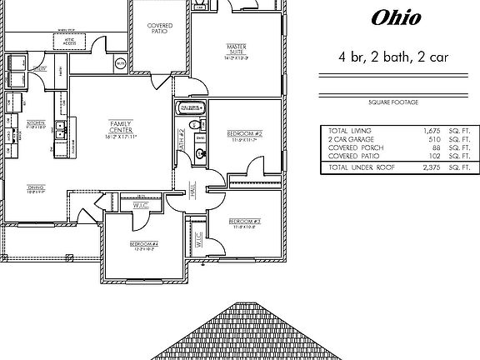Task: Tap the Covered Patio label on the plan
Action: pos(160,29)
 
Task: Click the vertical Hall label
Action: pos(192,191)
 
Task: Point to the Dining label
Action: pos(35,187)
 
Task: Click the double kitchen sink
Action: pos(61,128)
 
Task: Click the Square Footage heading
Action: pos(392,102)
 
